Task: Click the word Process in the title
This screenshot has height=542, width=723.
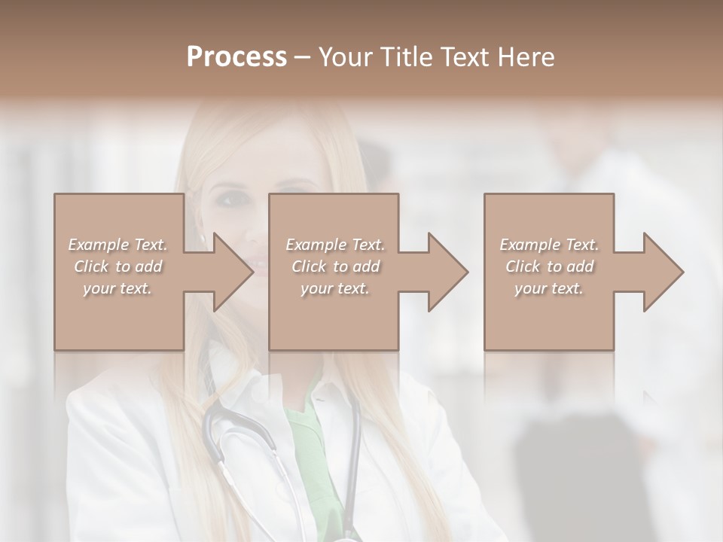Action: point(236,57)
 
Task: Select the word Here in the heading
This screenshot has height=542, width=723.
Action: point(527,57)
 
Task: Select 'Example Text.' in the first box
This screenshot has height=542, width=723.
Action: point(118,245)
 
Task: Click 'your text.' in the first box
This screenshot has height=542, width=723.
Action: point(118,288)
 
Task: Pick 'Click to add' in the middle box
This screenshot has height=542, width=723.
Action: point(335,266)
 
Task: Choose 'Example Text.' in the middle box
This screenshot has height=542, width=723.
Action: point(335,245)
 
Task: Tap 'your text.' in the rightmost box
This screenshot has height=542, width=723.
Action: point(549,288)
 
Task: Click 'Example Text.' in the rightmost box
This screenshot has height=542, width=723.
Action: point(549,245)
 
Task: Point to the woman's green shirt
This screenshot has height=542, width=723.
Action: point(309,437)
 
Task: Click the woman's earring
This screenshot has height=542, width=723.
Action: point(203,239)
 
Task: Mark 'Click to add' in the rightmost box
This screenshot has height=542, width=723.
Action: point(549,266)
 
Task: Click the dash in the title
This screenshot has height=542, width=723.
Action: point(301,59)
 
